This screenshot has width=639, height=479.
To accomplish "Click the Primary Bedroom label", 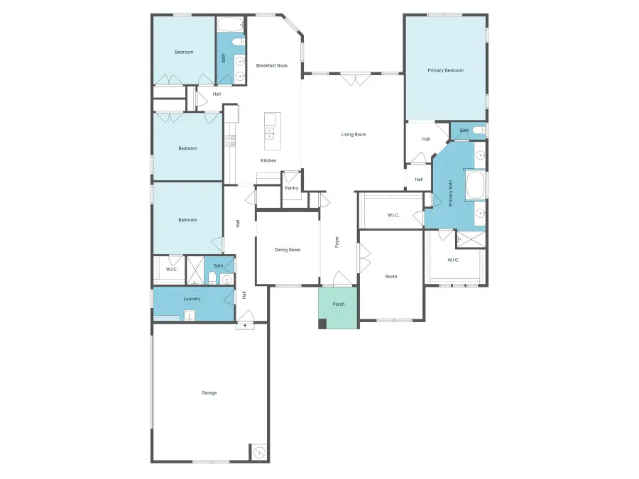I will (x=445, y=70).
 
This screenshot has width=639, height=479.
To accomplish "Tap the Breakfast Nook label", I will (x=272, y=65).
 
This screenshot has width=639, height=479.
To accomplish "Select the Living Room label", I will (x=354, y=134).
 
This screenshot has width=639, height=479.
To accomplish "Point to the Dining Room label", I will (x=288, y=250).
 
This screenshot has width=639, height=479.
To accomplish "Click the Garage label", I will (x=209, y=392).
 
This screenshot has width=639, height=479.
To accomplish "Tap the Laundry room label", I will (x=192, y=299).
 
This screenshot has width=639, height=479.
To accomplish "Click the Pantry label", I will (x=292, y=188).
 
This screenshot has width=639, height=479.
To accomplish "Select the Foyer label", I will (x=337, y=242).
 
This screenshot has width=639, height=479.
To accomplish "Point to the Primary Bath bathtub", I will (x=475, y=186).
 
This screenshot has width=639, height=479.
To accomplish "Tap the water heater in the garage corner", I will (x=259, y=452).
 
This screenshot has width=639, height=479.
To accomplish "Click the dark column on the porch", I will (x=322, y=324).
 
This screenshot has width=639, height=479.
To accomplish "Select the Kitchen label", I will (x=268, y=160).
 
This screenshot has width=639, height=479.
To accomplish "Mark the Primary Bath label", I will (x=450, y=193).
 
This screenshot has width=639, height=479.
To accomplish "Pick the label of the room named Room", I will (x=391, y=277).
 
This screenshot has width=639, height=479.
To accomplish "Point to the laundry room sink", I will (x=190, y=316).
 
